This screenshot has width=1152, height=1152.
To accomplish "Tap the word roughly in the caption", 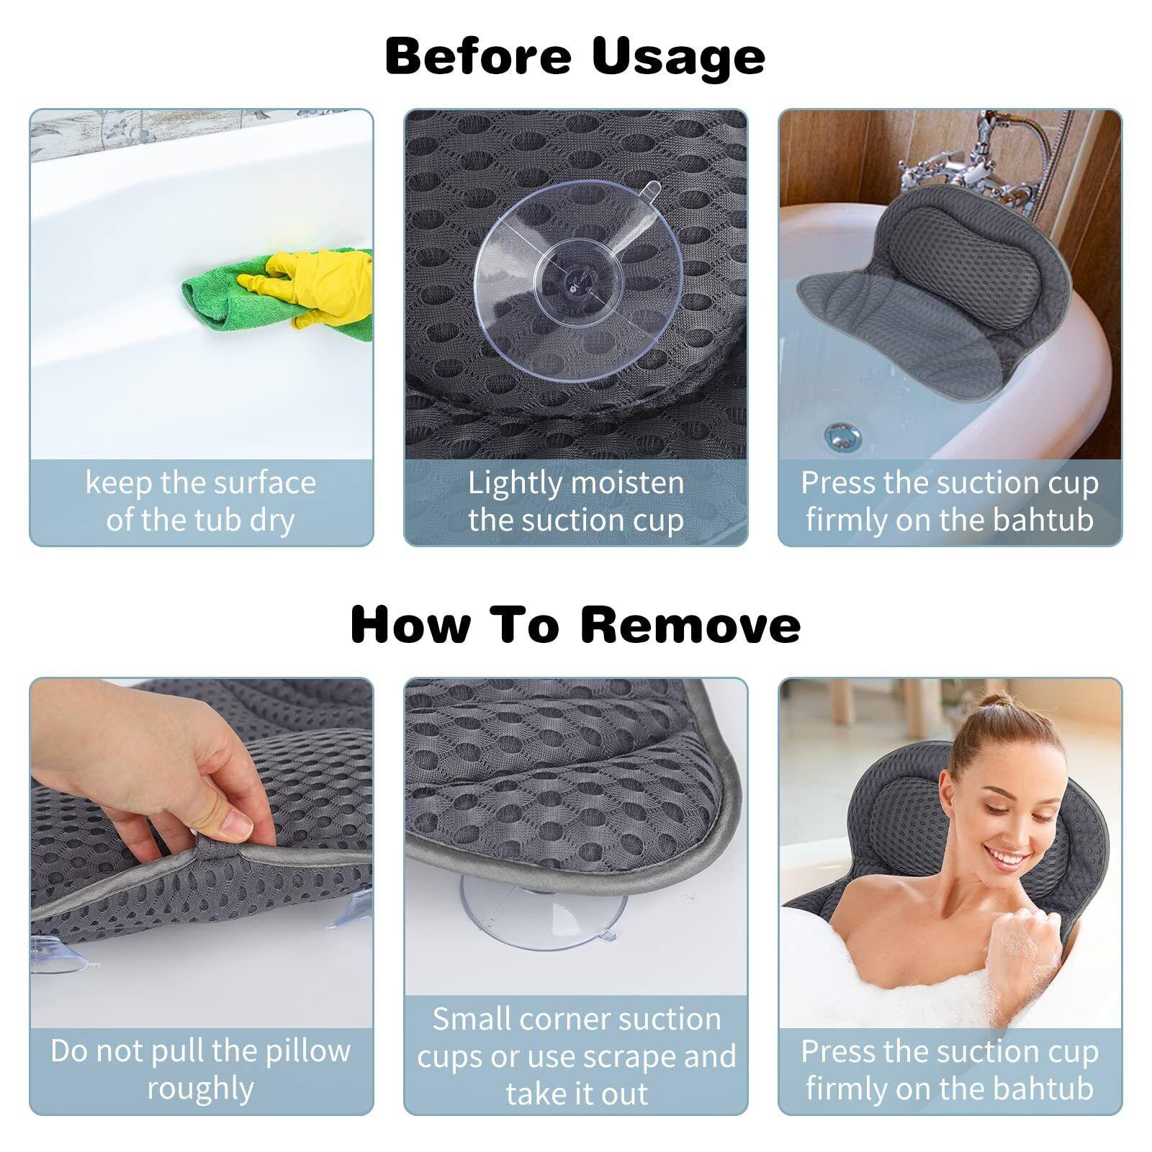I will [201, 1089].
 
